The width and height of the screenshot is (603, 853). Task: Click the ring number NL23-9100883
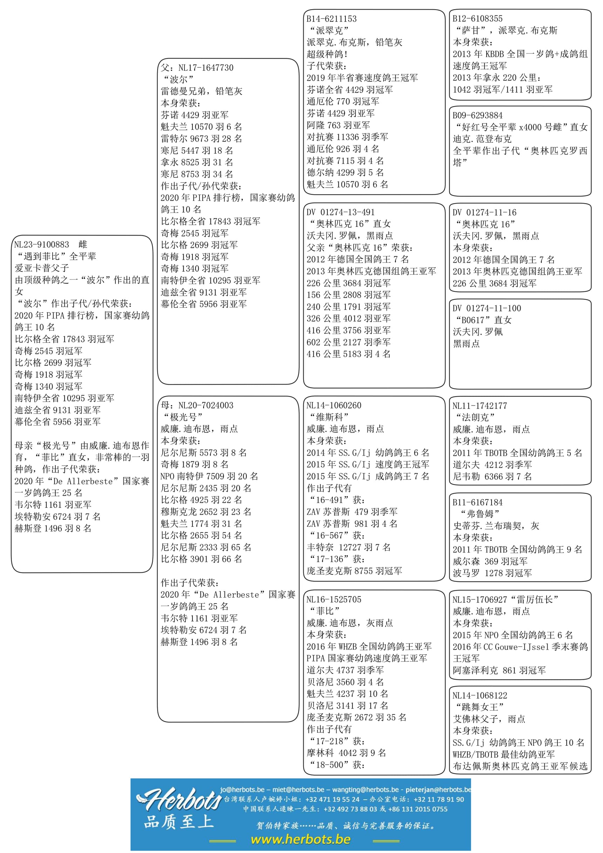pyautogui.click(x=42, y=244)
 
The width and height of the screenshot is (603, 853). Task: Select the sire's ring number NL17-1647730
pyautogui.click(x=206, y=68)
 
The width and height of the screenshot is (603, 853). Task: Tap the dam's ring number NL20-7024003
pyautogui.click(x=206, y=405)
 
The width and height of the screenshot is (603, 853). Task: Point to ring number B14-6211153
pyautogui.click(x=331, y=19)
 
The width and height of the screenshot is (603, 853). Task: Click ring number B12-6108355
pyautogui.click(x=477, y=19)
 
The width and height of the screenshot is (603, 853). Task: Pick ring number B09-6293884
pyautogui.click(x=477, y=115)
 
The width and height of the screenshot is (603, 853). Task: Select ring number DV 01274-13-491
pyautogui.click(x=340, y=212)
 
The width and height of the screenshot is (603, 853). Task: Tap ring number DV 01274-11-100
pyautogui.click(x=486, y=308)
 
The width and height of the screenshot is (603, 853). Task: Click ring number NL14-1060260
pyautogui.click(x=333, y=405)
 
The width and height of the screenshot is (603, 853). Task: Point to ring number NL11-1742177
pyautogui.click(x=479, y=406)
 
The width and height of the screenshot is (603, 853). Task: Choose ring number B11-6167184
pyautogui.click(x=477, y=502)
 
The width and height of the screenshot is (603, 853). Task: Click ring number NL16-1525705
pyautogui.click(x=333, y=599)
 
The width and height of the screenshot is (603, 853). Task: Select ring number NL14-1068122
pyautogui.click(x=479, y=696)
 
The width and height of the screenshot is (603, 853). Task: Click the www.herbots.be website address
pyautogui.click(x=300, y=839)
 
